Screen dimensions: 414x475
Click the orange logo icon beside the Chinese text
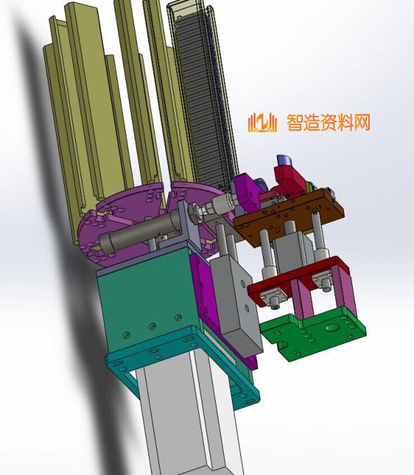(x=262, y=123)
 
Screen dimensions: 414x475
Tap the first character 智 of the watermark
(x=295, y=123)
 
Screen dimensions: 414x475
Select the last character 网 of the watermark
(x=362, y=123)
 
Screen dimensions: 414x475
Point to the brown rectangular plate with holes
(x=288, y=215)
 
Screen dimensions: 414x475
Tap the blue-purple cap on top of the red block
(x=284, y=160)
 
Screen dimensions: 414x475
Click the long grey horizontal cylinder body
(x=139, y=228)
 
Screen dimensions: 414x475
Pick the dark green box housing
(x=148, y=300)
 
